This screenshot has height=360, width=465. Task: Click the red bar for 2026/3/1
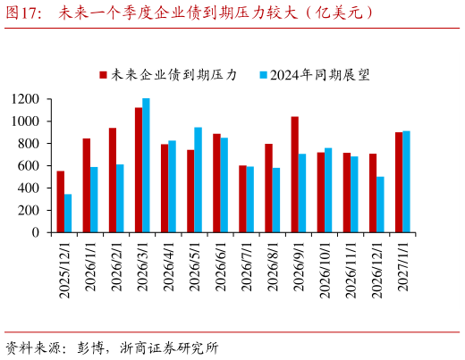pyautogui.click(x=139, y=170)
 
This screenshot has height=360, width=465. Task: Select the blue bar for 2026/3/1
pyautogui.click(x=146, y=165)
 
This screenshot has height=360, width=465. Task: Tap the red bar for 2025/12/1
pyautogui.click(x=61, y=202)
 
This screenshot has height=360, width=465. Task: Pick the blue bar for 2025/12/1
pyautogui.click(x=68, y=213)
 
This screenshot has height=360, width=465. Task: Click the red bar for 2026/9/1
pyautogui.click(x=294, y=174)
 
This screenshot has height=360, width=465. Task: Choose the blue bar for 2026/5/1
pyautogui.click(x=198, y=180)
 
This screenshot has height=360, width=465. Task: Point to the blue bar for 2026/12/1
pyautogui.click(x=380, y=205)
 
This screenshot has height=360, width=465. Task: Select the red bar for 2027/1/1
pyautogui.click(x=399, y=182)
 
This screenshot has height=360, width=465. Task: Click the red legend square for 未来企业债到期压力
pyautogui.click(x=103, y=75)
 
